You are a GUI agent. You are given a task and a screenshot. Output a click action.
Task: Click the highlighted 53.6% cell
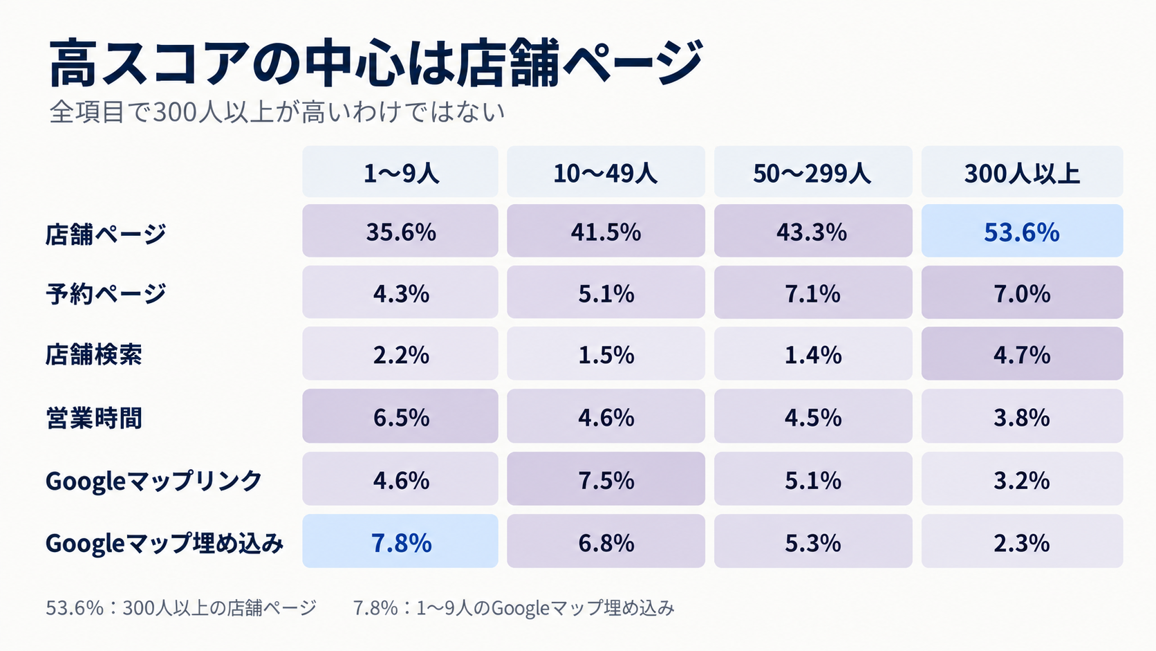pyautogui.click(x=1022, y=231)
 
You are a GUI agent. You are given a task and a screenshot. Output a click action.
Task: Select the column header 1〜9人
pyautogui.click(x=400, y=172)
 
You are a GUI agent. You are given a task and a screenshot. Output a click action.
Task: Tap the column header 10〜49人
pyautogui.click(x=606, y=172)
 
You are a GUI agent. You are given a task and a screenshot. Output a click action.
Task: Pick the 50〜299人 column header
pyautogui.click(x=813, y=172)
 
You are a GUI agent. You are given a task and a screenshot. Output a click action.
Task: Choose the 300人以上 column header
pyautogui.click(x=1022, y=172)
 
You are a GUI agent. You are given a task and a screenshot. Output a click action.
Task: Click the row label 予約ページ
pyautogui.click(x=106, y=293)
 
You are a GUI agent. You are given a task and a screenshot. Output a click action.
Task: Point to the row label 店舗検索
pyautogui.click(x=93, y=355)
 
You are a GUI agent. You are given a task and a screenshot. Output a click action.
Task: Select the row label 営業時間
pyautogui.click(x=93, y=417)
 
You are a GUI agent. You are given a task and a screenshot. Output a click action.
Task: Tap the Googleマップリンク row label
pyautogui.click(x=153, y=480)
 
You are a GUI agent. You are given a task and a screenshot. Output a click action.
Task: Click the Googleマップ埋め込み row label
pyautogui.click(x=165, y=542)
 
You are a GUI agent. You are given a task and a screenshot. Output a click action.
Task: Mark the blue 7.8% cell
pyautogui.click(x=400, y=541)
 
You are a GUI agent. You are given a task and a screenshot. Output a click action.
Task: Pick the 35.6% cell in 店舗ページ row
pyautogui.click(x=400, y=231)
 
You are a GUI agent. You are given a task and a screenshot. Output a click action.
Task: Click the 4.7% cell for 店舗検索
pyautogui.click(x=1022, y=354)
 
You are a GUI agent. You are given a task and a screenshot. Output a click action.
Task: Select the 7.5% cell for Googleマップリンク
pyautogui.click(x=606, y=479)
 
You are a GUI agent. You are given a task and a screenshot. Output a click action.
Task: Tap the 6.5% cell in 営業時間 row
pyautogui.click(x=400, y=416)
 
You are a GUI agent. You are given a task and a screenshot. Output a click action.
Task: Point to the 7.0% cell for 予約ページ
pyautogui.click(x=1022, y=292)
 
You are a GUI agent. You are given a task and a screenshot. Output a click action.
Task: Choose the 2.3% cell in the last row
pyautogui.click(x=1022, y=541)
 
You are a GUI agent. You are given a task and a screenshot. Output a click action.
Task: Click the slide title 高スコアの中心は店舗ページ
pyautogui.click(x=375, y=62)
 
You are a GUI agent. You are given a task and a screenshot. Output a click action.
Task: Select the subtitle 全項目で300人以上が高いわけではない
pyautogui.click(x=277, y=111)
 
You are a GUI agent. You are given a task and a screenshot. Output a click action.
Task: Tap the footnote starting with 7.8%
pyautogui.click(x=514, y=608)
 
